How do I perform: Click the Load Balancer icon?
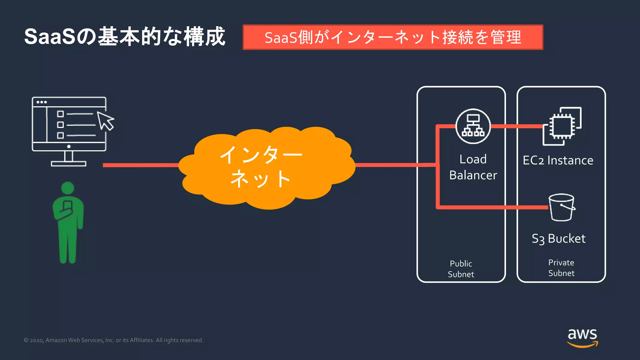(473, 126)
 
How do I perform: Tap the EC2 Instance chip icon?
(562, 126)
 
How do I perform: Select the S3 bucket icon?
(562, 207)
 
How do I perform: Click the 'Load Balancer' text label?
(473, 167)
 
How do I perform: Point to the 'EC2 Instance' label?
(558, 160)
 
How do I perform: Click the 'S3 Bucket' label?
(558, 239)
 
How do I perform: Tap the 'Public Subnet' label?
(461, 269)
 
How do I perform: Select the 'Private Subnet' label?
(561, 268)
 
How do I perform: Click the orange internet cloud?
(266, 169)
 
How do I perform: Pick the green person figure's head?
(68, 188)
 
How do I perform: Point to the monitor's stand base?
(68, 163)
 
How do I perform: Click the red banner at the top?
(393, 37)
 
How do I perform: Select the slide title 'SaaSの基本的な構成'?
(125, 37)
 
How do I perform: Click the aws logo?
(582, 337)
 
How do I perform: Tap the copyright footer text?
(113, 340)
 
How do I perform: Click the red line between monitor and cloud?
(141, 165)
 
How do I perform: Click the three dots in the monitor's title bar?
(42, 102)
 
